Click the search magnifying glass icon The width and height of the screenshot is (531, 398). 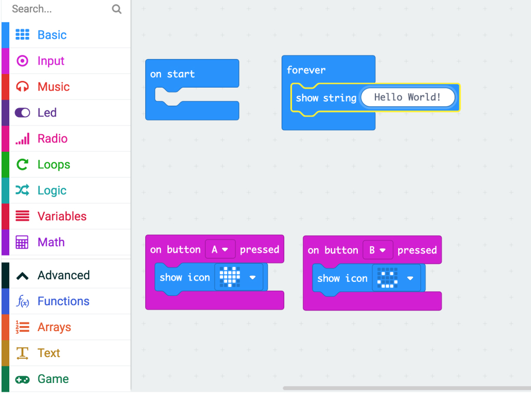click(x=117, y=9)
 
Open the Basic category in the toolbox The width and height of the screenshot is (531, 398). click(x=52, y=35)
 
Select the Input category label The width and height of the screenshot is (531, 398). click(x=51, y=61)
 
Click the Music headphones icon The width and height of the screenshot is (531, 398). click(x=22, y=87)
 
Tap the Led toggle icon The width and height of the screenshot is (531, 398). click(x=22, y=112)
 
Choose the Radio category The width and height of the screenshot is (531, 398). click(x=52, y=138)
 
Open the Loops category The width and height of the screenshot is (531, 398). click(x=54, y=164)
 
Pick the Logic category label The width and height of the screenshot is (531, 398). click(x=52, y=191)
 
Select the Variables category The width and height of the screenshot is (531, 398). click(x=62, y=216)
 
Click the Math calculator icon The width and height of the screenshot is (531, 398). click(x=22, y=243)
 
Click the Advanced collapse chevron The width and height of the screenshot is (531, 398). click(x=22, y=276)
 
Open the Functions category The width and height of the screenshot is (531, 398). click(x=63, y=301)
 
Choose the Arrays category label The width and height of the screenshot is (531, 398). click(x=54, y=328)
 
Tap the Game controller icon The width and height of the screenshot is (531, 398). click(x=22, y=379)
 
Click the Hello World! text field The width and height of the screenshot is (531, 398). click(x=408, y=97)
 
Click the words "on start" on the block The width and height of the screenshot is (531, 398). click(x=172, y=74)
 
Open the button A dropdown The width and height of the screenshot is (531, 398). click(x=220, y=250)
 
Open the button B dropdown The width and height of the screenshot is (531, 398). click(x=378, y=250)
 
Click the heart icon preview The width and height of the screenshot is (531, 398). click(x=230, y=277)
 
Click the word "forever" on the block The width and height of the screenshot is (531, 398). click(x=306, y=70)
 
